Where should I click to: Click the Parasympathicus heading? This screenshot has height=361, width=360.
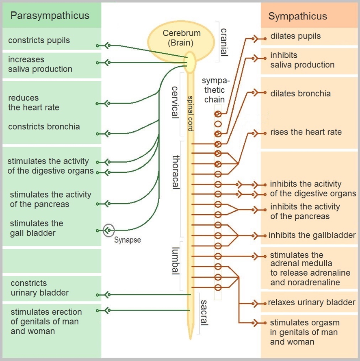click(50, 16)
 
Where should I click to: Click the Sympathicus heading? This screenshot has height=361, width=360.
click(297, 17)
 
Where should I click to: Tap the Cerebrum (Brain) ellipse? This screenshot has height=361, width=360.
click(178, 38)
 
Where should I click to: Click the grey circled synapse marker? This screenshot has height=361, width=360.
click(108, 231)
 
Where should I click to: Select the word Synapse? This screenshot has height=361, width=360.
click(127, 240)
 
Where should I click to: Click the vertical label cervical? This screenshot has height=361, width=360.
click(175, 102)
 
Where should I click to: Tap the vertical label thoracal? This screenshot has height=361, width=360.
click(176, 172)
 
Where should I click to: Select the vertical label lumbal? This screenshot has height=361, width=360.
click(175, 261)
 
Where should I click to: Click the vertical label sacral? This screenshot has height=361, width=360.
click(204, 313)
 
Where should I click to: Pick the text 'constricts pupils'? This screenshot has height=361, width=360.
click(39, 40)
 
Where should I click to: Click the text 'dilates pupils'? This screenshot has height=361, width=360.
click(295, 36)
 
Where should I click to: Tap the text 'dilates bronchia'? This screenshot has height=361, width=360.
click(300, 94)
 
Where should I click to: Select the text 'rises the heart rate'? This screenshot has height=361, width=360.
click(306, 132)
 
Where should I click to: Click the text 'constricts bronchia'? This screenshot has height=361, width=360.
click(44, 126)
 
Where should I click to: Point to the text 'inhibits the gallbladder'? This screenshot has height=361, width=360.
click(312, 235)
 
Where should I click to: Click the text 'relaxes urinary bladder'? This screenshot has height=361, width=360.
click(311, 302)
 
